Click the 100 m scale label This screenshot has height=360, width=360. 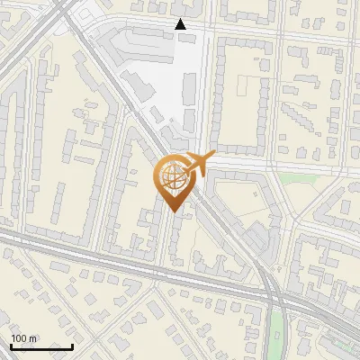click(23, 338)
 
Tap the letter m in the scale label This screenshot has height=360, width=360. click(32, 338)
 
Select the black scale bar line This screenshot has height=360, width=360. click(41, 346)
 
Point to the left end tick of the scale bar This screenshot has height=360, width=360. click(11, 345)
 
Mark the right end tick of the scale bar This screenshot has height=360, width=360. click(72, 345)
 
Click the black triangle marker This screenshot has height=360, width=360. click(181, 25)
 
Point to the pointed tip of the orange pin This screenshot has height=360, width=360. click(172, 211)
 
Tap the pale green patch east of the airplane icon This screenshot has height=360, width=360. click(290, 177)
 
